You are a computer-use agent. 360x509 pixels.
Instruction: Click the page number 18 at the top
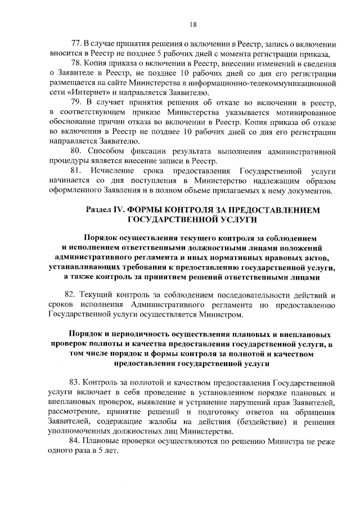[x=192, y=23]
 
